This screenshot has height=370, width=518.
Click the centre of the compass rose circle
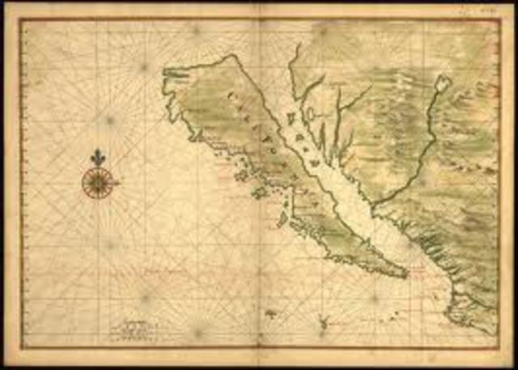[x=97, y=182]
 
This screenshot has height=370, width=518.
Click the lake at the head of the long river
[x=442, y=83]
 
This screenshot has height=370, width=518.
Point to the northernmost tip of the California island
[x=235, y=56]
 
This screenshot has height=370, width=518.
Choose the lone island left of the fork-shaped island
[x=270, y=313]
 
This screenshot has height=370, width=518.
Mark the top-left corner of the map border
[x=20, y=19]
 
